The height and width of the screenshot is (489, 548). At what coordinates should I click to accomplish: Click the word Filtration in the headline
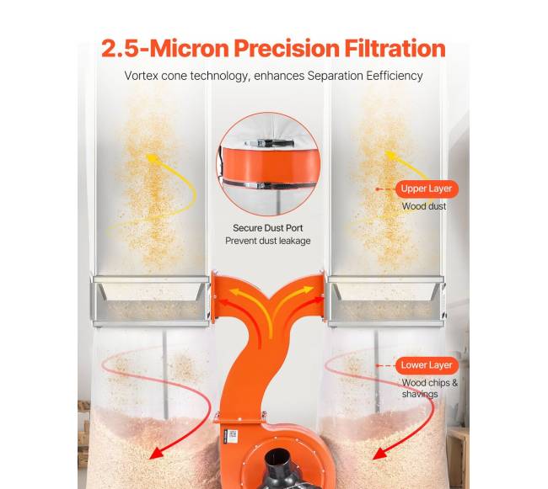[x=395, y=48]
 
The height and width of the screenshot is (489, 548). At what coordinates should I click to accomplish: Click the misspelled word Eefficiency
[x=395, y=76]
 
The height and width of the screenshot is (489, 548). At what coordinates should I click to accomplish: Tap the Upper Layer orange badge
[x=427, y=189]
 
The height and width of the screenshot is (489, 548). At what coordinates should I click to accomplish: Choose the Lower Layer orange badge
[x=427, y=365]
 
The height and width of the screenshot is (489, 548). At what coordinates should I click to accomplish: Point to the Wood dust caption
[x=424, y=206]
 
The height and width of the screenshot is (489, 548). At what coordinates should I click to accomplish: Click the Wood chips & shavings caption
[x=429, y=388]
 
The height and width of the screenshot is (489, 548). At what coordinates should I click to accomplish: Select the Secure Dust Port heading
[x=268, y=228]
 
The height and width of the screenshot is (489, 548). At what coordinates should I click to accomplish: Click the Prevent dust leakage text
[x=268, y=241]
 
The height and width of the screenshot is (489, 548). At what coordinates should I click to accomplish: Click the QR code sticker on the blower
[x=233, y=435]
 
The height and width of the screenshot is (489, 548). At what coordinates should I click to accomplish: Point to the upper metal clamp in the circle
[x=268, y=143]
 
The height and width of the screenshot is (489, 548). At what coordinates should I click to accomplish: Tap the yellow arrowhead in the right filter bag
[x=391, y=155]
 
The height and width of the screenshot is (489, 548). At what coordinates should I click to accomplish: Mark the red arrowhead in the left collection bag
[x=156, y=453]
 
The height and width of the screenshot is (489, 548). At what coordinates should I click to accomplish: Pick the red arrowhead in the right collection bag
[x=379, y=454]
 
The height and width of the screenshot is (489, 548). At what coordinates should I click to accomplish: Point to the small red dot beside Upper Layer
[x=378, y=189]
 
